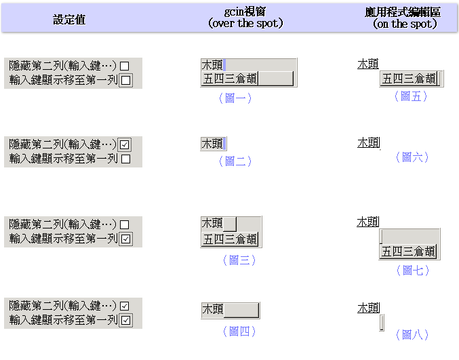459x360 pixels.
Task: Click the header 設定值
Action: tap(69, 19)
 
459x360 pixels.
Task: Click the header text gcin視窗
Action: tap(245, 12)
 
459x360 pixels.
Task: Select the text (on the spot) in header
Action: tap(405, 24)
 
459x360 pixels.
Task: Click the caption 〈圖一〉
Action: tap(235, 98)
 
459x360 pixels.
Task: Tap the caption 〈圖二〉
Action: tap(235, 161)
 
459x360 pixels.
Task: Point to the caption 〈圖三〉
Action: tap(239, 260)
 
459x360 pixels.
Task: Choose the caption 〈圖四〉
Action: tap(239, 332)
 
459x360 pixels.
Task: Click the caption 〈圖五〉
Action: tap(410, 96)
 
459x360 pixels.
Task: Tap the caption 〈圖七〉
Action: tap(412, 271)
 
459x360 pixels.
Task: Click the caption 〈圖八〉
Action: tap(412, 334)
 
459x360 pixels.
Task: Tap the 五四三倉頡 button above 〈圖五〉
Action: tap(410, 79)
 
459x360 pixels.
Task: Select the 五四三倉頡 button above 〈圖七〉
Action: tap(409, 252)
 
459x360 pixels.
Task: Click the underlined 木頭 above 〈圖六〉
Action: tap(369, 143)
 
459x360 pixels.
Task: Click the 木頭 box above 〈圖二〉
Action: tap(213, 143)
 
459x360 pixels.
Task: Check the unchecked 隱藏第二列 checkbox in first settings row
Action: tap(124, 66)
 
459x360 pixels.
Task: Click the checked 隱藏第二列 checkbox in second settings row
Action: tap(125, 144)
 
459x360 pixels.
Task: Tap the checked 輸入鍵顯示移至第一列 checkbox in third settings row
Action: tap(126, 239)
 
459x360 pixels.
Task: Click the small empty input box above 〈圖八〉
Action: tap(382, 322)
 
